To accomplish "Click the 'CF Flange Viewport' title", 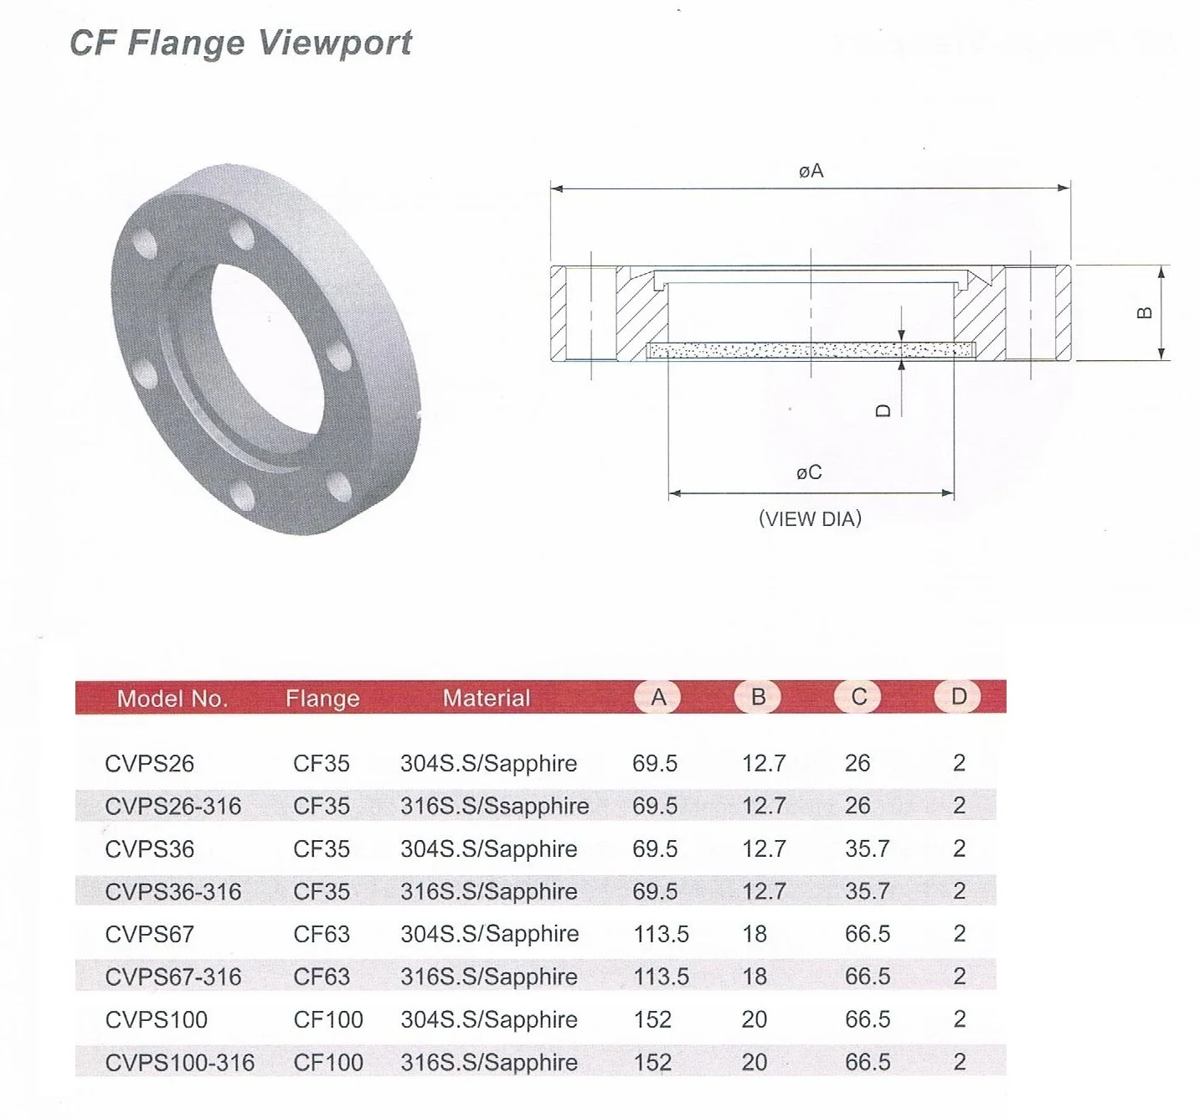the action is pyautogui.click(x=240, y=44).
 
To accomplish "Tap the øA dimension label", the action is pyautogui.click(x=811, y=171).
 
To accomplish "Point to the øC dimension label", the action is pyautogui.click(x=809, y=472).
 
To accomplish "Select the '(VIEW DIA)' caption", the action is pyautogui.click(x=810, y=518).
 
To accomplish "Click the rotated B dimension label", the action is pyautogui.click(x=1145, y=312).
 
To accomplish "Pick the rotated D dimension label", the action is pyautogui.click(x=883, y=411).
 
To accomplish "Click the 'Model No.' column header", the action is pyautogui.click(x=173, y=699).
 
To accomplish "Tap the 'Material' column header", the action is pyautogui.click(x=487, y=699).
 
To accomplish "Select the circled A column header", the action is pyautogui.click(x=657, y=697).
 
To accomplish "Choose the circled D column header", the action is pyautogui.click(x=958, y=697).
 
